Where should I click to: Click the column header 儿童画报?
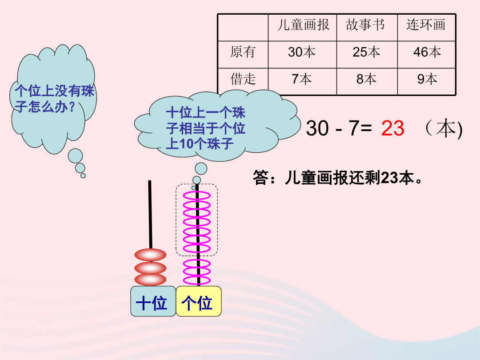click(303, 25)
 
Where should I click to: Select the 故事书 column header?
click(365, 25)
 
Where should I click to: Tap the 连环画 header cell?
click(426, 25)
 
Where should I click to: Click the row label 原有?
click(243, 52)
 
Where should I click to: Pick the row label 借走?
click(243, 79)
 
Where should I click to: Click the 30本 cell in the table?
click(301, 52)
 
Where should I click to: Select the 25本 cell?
click(366, 52)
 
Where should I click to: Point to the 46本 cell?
click(427, 52)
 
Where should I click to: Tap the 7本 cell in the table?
click(301, 79)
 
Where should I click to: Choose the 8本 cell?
click(366, 79)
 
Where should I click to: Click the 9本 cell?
click(427, 79)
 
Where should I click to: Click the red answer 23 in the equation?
click(393, 128)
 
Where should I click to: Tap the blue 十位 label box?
click(153, 301)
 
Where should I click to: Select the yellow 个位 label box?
click(198, 301)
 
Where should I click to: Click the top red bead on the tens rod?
click(150, 255)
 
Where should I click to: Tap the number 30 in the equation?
click(317, 128)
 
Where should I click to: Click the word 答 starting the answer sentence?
click(260, 177)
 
